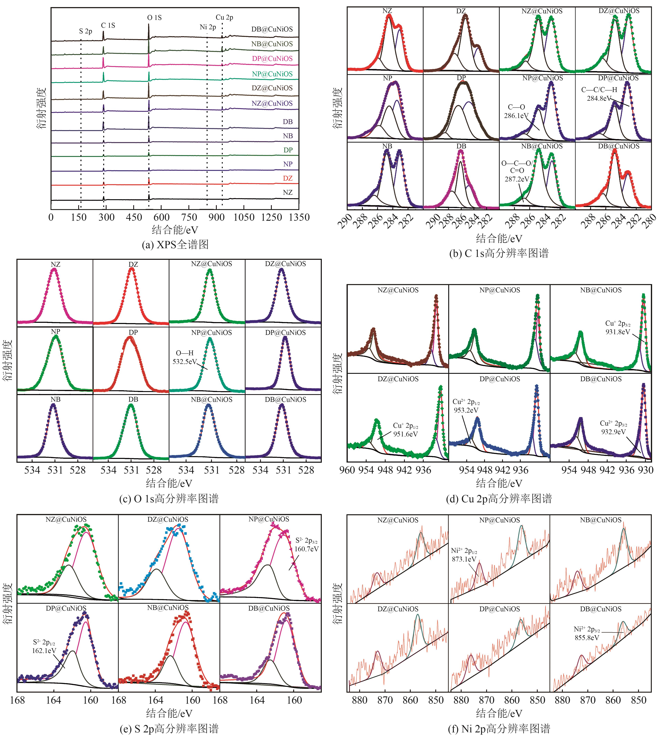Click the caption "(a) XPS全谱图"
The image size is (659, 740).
(175, 245)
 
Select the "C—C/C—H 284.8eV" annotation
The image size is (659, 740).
(599, 94)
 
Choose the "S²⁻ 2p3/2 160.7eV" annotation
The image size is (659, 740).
(306, 545)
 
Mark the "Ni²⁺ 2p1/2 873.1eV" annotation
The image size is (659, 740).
(464, 555)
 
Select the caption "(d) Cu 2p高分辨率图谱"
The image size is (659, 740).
(499, 499)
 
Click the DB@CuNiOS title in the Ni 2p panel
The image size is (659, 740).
(600, 609)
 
